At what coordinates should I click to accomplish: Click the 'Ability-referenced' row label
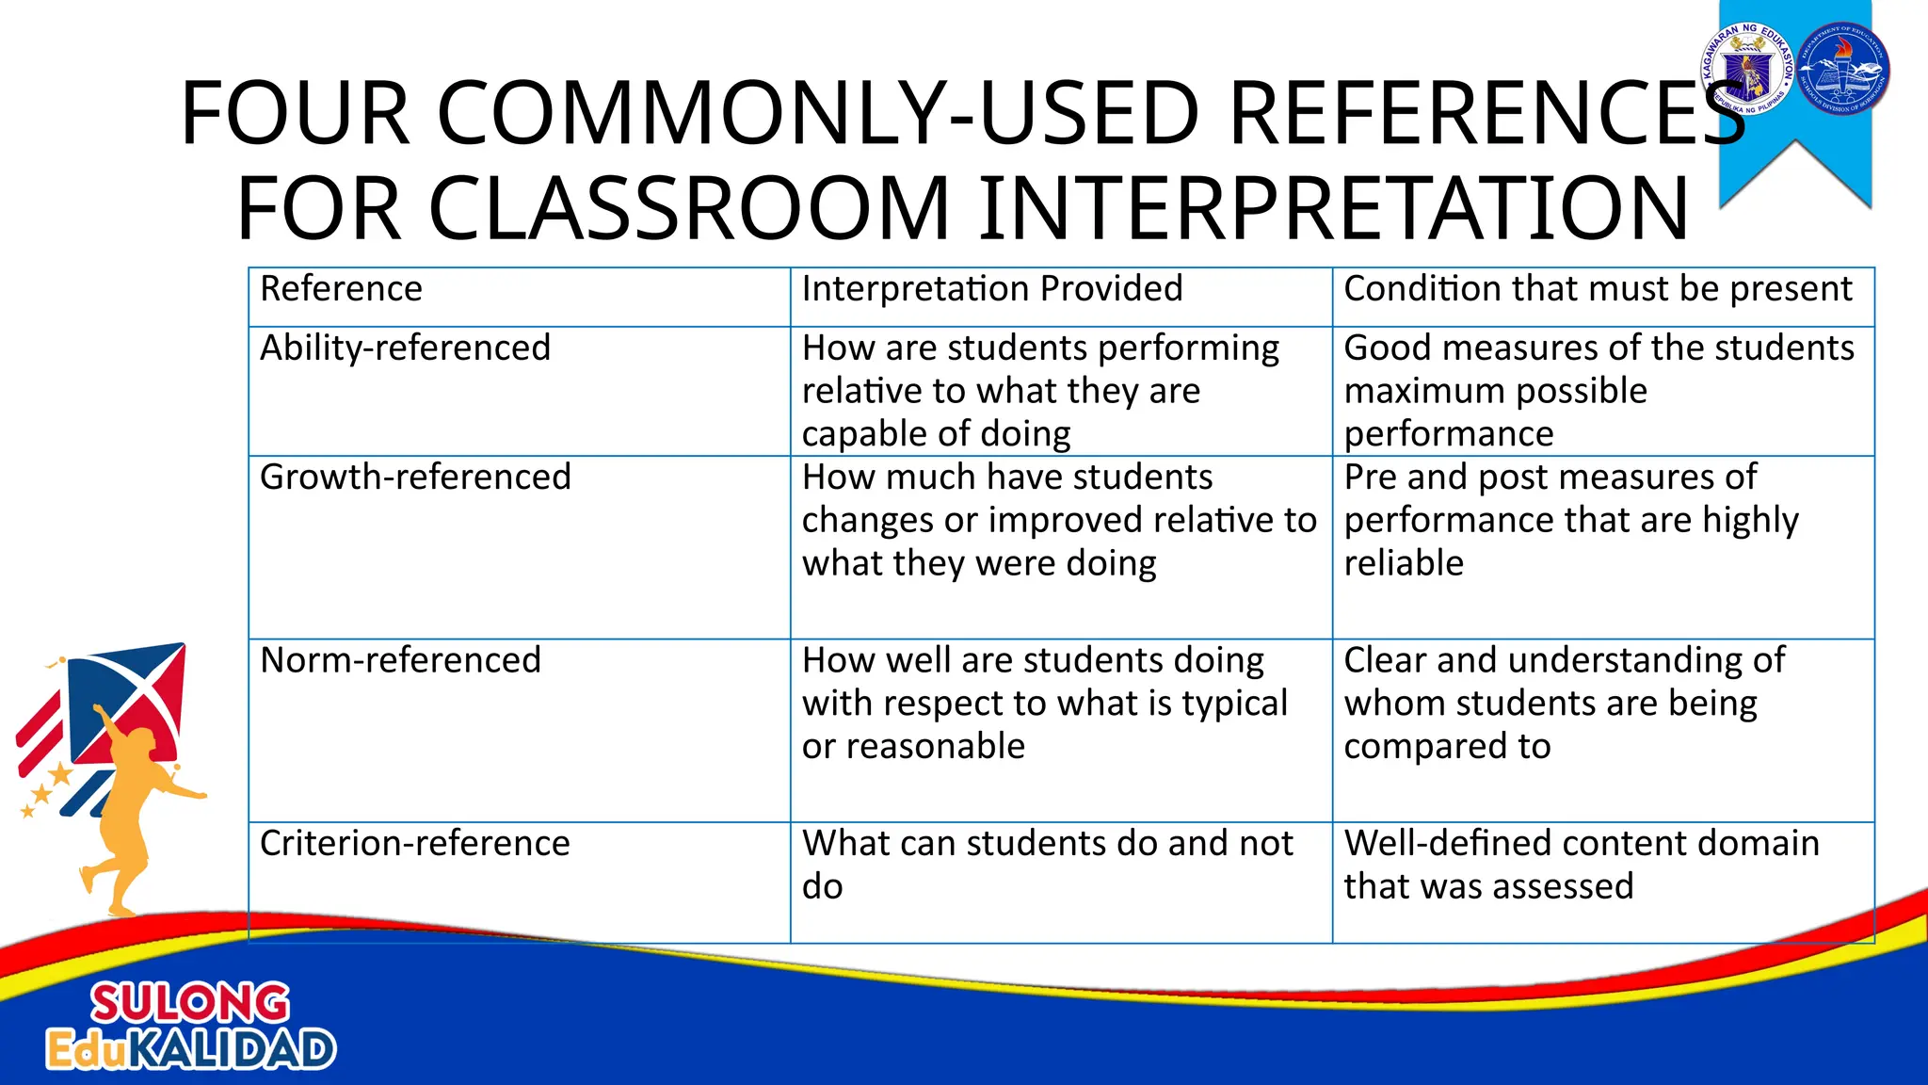pos(405,348)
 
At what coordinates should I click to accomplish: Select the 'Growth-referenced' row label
pos(415,478)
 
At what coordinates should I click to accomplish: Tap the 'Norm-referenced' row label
pos(400,660)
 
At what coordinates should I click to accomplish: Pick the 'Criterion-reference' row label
pos(414,844)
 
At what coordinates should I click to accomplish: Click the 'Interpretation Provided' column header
pos(991,289)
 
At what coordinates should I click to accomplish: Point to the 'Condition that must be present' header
pos(1598,289)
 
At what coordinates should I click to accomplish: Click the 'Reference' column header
pos(341,289)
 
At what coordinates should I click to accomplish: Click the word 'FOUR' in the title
pos(294,114)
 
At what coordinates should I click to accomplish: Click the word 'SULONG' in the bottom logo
pos(190,1003)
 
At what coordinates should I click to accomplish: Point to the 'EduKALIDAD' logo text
pos(191,1050)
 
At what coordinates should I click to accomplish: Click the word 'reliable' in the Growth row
pos(1403,563)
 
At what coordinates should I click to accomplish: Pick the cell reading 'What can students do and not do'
pos(1047,865)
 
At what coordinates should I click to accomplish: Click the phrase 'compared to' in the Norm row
pos(1446,747)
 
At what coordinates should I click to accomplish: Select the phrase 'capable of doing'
pos(936,434)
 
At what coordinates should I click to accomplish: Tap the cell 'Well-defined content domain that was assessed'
pos(1582,865)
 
